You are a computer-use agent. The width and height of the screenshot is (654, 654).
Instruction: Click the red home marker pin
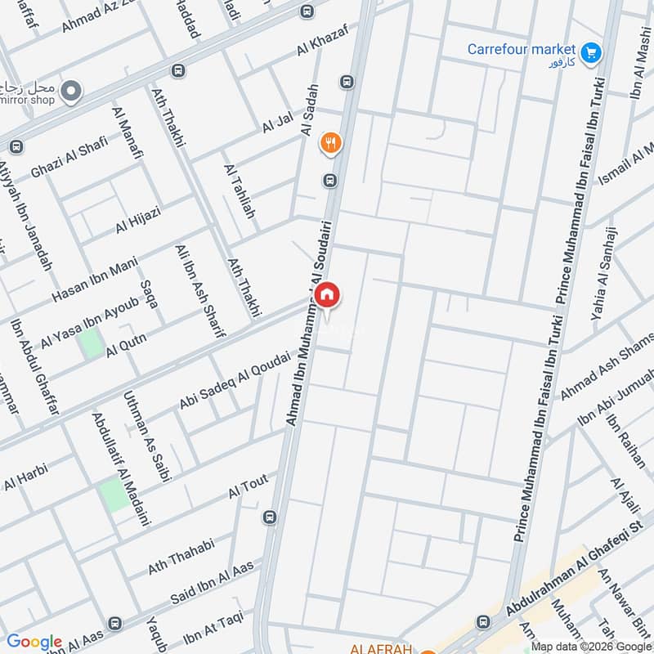tap(327, 296)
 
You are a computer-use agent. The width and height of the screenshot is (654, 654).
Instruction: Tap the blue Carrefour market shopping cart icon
tap(593, 52)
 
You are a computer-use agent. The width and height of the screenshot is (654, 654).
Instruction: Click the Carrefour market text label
tap(522, 49)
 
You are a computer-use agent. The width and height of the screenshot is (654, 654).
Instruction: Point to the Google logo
tap(34, 642)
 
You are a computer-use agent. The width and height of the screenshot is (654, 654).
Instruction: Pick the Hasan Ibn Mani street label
tap(93, 276)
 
